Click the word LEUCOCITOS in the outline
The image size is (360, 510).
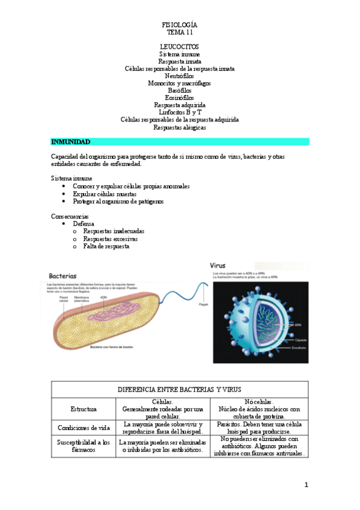point(180,46)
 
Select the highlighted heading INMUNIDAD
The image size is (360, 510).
point(71,142)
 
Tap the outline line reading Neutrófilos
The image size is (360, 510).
point(180,76)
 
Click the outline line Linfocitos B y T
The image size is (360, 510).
point(180,112)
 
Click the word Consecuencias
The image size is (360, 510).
point(70,217)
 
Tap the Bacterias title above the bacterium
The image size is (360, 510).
point(63,276)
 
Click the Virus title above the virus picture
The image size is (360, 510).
point(218,265)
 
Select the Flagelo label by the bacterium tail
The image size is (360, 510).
point(203,304)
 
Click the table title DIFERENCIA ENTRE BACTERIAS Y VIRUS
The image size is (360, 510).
point(180,390)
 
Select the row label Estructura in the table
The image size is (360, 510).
point(84,409)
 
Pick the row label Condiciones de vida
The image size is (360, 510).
point(84,428)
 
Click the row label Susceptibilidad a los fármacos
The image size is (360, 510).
point(84,446)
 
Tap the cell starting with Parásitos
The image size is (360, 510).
point(260,428)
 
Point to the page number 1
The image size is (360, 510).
point(306,485)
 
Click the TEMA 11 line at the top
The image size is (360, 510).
point(180,32)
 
